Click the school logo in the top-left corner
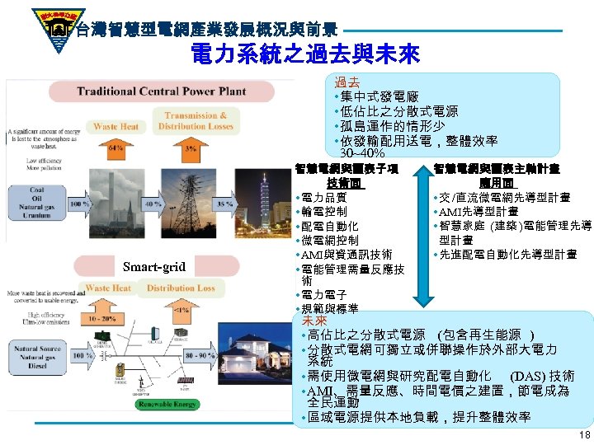(37, 25)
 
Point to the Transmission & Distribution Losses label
(196, 121)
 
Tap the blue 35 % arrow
(223, 202)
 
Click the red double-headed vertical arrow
(423, 240)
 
